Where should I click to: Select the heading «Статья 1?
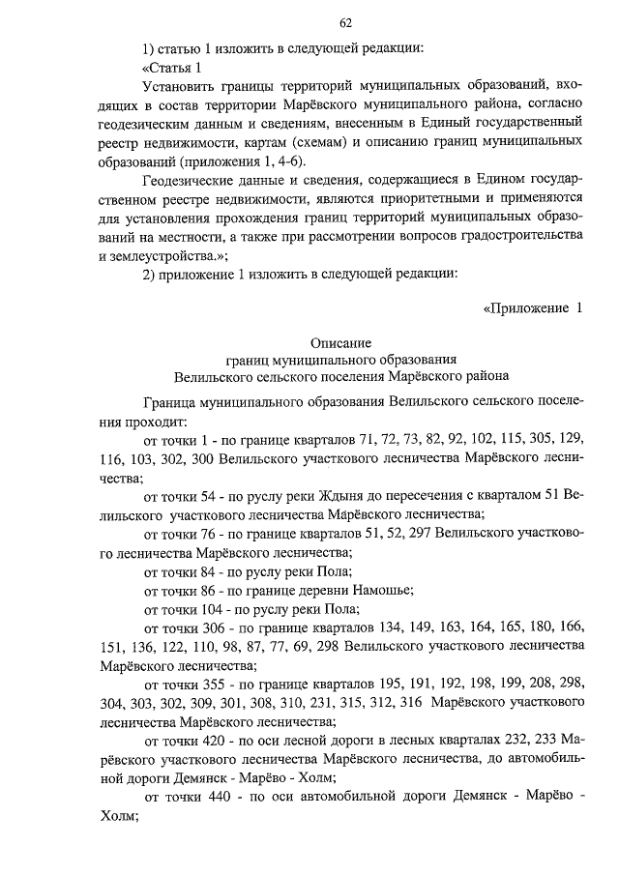pos(172,67)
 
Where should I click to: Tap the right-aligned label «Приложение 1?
pos(534,308)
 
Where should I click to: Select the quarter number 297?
pos(419,533)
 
